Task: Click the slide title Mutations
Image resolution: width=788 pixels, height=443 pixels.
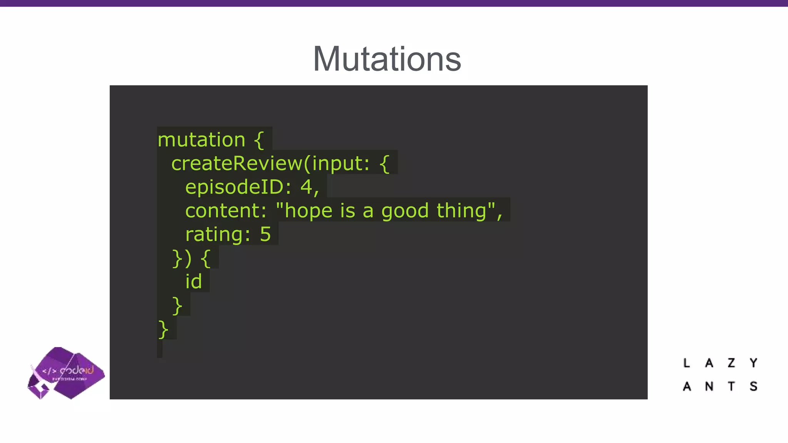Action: tap(387, 59)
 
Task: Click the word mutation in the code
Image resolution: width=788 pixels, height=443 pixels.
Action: tap(201, 140)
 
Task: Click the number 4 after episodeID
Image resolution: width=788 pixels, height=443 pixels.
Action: tap(306, 187)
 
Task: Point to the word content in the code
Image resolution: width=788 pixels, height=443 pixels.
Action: tap(225, 211)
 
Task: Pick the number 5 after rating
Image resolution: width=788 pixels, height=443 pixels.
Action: tap(265, 234)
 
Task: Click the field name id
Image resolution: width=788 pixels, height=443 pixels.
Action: tap(194, 281)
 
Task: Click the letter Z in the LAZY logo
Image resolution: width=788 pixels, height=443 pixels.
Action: tap(731, 363)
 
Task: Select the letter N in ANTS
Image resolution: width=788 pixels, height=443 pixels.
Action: tap(709, 386)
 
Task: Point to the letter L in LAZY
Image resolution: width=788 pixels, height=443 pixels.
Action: tap(686, 363)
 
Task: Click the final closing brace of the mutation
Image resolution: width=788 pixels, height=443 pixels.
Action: tap(163, 330)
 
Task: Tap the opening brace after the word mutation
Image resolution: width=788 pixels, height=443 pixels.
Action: tap(259, 140)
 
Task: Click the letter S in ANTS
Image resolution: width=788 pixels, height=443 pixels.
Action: tap(753, 386)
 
